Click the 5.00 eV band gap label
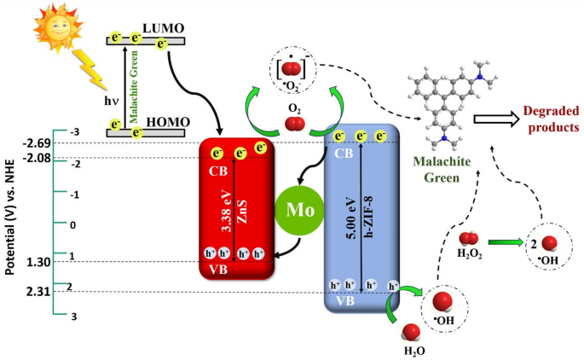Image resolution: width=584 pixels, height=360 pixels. click(351, 217)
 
